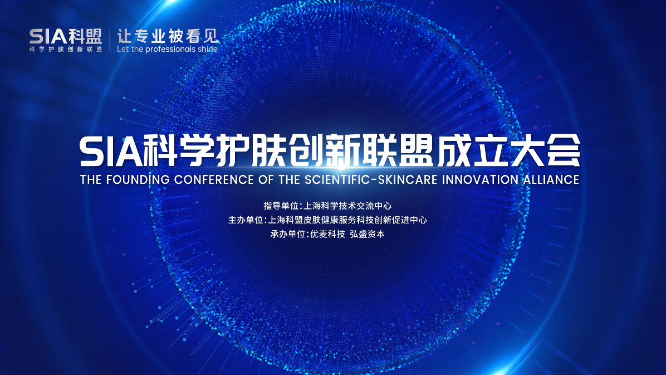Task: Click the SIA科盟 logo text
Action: click(x=65, y=37)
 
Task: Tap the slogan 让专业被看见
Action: click(x=168, y=36)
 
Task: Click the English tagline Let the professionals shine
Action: click(x=168, y=50)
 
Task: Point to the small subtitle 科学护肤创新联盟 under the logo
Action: click(x=65, y=50)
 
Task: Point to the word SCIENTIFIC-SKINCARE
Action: click(x=371, y=179)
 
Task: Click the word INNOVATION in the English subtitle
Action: click(x=480, y=179)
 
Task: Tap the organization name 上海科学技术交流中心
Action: click(x=347, y=206)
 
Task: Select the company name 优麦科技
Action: click(x=327, y=234)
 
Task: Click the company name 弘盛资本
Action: click(x=367, y=234)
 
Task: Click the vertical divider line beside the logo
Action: click(x=110, y=40)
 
